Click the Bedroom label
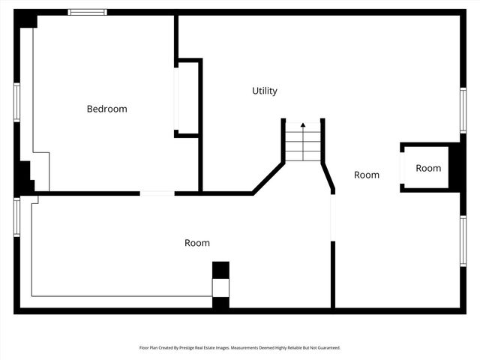106,109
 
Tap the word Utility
264,91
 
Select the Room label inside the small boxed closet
428,168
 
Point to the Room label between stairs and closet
367,175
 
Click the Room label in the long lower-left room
197,243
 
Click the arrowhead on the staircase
303,125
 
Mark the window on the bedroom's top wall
87,12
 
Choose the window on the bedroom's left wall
16,102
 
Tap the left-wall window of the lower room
16,217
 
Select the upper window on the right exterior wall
463,111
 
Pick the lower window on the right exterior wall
463,241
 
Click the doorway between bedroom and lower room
157,193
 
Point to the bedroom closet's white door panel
177,98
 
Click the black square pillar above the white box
220,270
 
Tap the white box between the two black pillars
220,288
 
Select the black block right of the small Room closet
455,167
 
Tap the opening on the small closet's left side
402,168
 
